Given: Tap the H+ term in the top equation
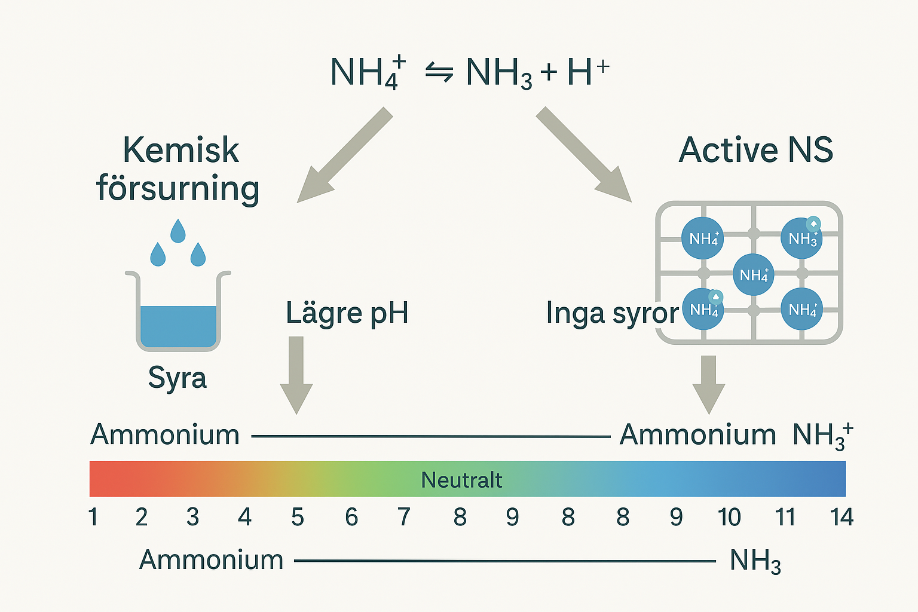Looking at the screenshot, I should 587,72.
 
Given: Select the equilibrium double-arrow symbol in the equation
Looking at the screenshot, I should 439,73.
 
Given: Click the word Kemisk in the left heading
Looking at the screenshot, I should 180,150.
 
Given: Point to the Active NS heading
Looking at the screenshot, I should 756,150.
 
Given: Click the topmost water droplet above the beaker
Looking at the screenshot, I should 178,231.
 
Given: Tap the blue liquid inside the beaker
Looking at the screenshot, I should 178,326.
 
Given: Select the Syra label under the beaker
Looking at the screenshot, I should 178,378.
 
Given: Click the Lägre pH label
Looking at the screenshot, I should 347,313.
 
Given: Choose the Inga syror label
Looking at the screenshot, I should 612,313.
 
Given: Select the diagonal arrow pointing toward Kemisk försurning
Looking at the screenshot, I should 345,155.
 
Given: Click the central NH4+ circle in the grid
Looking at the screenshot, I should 753,275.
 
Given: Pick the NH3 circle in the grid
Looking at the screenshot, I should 801,238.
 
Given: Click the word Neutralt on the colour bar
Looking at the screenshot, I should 461,480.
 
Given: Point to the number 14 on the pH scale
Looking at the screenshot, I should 841,517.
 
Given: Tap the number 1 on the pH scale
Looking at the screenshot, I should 93,517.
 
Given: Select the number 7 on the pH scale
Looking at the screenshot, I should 404,517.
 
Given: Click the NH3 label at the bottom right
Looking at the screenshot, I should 755,561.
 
